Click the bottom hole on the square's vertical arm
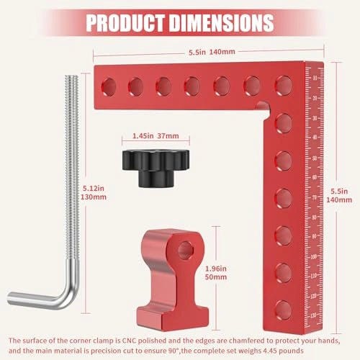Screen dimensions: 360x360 coord(282,308)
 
